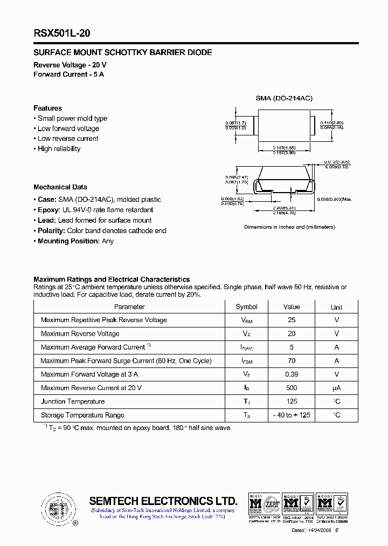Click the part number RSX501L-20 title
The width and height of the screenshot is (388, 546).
62,33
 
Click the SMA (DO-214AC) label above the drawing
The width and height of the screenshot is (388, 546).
283,98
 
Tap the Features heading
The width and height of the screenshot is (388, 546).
47,108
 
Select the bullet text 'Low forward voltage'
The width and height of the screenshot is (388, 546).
68,128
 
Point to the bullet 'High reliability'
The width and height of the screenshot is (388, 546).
59,148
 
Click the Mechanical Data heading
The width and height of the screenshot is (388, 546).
60,187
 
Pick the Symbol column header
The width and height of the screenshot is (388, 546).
247,306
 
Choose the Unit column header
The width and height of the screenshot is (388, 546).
336,307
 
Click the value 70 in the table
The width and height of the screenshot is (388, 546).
292,360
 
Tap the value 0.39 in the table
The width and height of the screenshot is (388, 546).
292,374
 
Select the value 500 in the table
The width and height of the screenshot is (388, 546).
292,387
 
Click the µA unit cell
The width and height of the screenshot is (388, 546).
336,387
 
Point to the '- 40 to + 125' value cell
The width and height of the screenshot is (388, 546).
292,415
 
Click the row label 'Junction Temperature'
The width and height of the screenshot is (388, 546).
73,401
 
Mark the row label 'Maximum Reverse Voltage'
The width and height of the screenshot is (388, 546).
80,333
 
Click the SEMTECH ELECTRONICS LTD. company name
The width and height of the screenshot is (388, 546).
163,500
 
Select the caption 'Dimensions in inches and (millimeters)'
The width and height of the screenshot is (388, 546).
289,227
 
